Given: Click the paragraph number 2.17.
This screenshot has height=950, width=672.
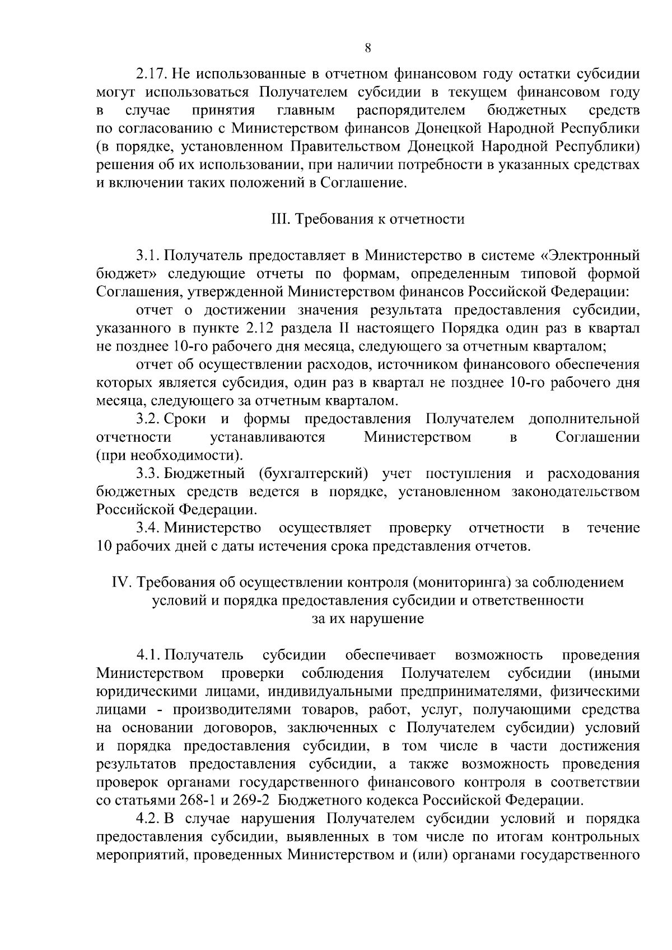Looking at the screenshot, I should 151,74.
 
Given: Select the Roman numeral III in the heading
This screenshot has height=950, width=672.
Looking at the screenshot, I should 278,219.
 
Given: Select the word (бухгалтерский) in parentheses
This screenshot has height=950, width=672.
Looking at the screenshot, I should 314,474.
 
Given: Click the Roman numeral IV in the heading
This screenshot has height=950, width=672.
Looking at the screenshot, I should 122,583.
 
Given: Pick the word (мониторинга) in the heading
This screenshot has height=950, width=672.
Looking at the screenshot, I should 461,583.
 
